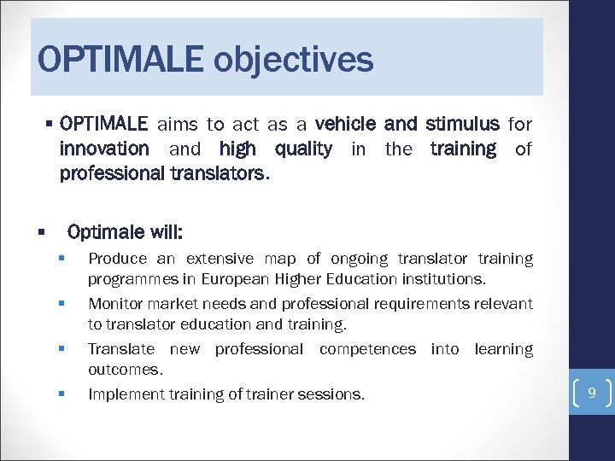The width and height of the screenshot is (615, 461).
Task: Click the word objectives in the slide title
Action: (x=293, y=61)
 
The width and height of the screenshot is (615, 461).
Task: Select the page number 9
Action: (x=591, y=394)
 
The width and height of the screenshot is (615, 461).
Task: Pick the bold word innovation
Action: (x=104, y=149)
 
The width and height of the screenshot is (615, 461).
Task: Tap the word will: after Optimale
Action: (x=165, y=232)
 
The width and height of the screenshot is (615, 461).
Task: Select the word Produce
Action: (x=117, y=259)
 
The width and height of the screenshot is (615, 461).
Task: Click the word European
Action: (x=235, y=279)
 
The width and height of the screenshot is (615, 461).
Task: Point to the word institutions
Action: (x=442, y=279)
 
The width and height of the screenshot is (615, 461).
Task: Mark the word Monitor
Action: (x=115, y=304)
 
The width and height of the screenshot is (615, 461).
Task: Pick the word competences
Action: (x=367, y=349)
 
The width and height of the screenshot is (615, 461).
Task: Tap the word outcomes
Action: (x=125, y=370)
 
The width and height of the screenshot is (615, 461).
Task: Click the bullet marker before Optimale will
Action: (x=40, y=232)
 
